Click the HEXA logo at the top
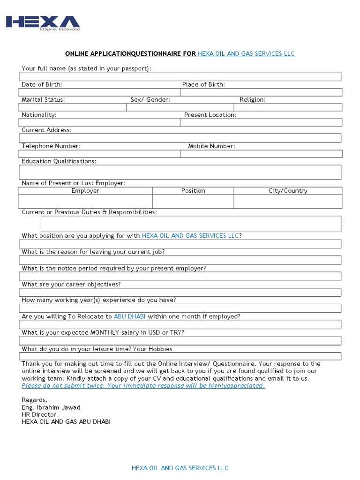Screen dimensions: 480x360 pos(43,23)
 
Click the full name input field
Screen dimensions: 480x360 pos(180,76)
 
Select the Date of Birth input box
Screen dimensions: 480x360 pos(99,92)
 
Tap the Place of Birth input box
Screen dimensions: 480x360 pos(261,92)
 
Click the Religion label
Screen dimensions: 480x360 pos(252,100)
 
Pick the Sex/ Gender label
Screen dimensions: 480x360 pos(150,100)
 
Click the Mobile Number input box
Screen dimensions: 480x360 pos(261,154)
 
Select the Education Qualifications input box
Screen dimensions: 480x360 pos(180,172)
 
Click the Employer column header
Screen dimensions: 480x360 pos(85,191)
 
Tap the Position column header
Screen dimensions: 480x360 pos(193,191)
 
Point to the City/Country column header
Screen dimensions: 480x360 pos(288,191)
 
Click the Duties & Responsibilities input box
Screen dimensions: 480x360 pos(191,224)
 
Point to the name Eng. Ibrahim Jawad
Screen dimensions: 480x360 pos(51,407)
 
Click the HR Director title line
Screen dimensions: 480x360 pos(39,414)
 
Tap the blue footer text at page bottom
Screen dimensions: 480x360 pos(180,468)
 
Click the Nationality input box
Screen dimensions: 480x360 pos(99,122)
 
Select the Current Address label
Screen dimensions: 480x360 pos(46,130)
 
